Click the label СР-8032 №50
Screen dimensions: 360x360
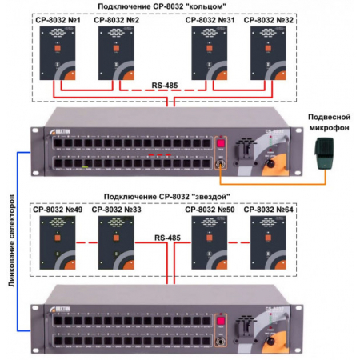point(210,210)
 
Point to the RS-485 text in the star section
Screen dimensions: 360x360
point(169,237)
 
